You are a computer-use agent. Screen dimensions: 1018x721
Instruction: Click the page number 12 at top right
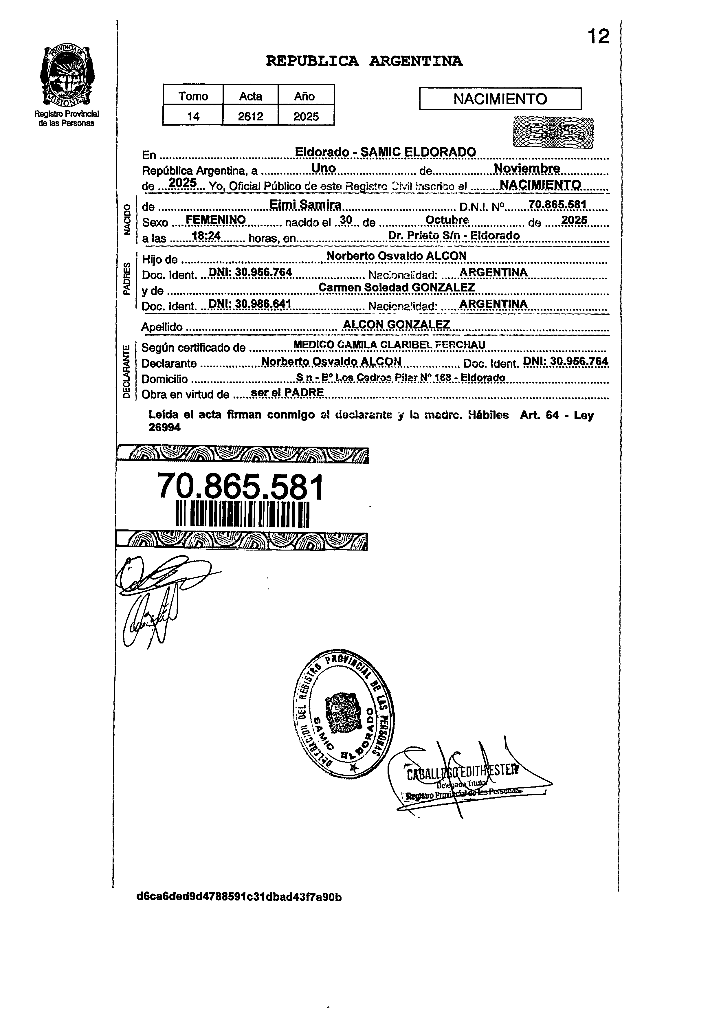click(x=599, y=36)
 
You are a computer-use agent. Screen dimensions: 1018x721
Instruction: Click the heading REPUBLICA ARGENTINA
click(x=364, y=61)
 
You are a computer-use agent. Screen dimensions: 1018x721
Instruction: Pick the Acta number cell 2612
click(x=250, y=116)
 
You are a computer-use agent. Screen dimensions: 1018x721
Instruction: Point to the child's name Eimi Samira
click(x=305, y=205)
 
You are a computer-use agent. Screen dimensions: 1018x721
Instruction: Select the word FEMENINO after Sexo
click(x=216, y=220)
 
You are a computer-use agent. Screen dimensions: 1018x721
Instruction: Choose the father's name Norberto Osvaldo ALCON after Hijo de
click(x=397, y=256)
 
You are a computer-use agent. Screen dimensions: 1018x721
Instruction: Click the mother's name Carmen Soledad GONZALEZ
click(x=397, y=288)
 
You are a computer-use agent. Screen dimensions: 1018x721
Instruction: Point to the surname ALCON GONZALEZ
click(x=397, y=324)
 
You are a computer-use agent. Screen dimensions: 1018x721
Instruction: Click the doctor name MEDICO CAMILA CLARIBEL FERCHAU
click(x=389, y=345)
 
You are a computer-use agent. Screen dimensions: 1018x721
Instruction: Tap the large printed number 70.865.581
click(x=241, y=487)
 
